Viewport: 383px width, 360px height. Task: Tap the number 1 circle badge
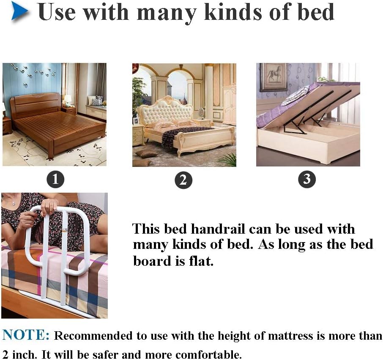[55, 179]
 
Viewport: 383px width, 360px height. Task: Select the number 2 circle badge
[183, 180]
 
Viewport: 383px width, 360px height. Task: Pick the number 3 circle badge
[307, 179]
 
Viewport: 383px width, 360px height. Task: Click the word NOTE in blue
[26, 335]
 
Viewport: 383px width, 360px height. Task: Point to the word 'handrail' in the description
[218, 229]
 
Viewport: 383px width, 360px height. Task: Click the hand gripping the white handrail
[49, 205]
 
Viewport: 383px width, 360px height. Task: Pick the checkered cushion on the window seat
[95, 102]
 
